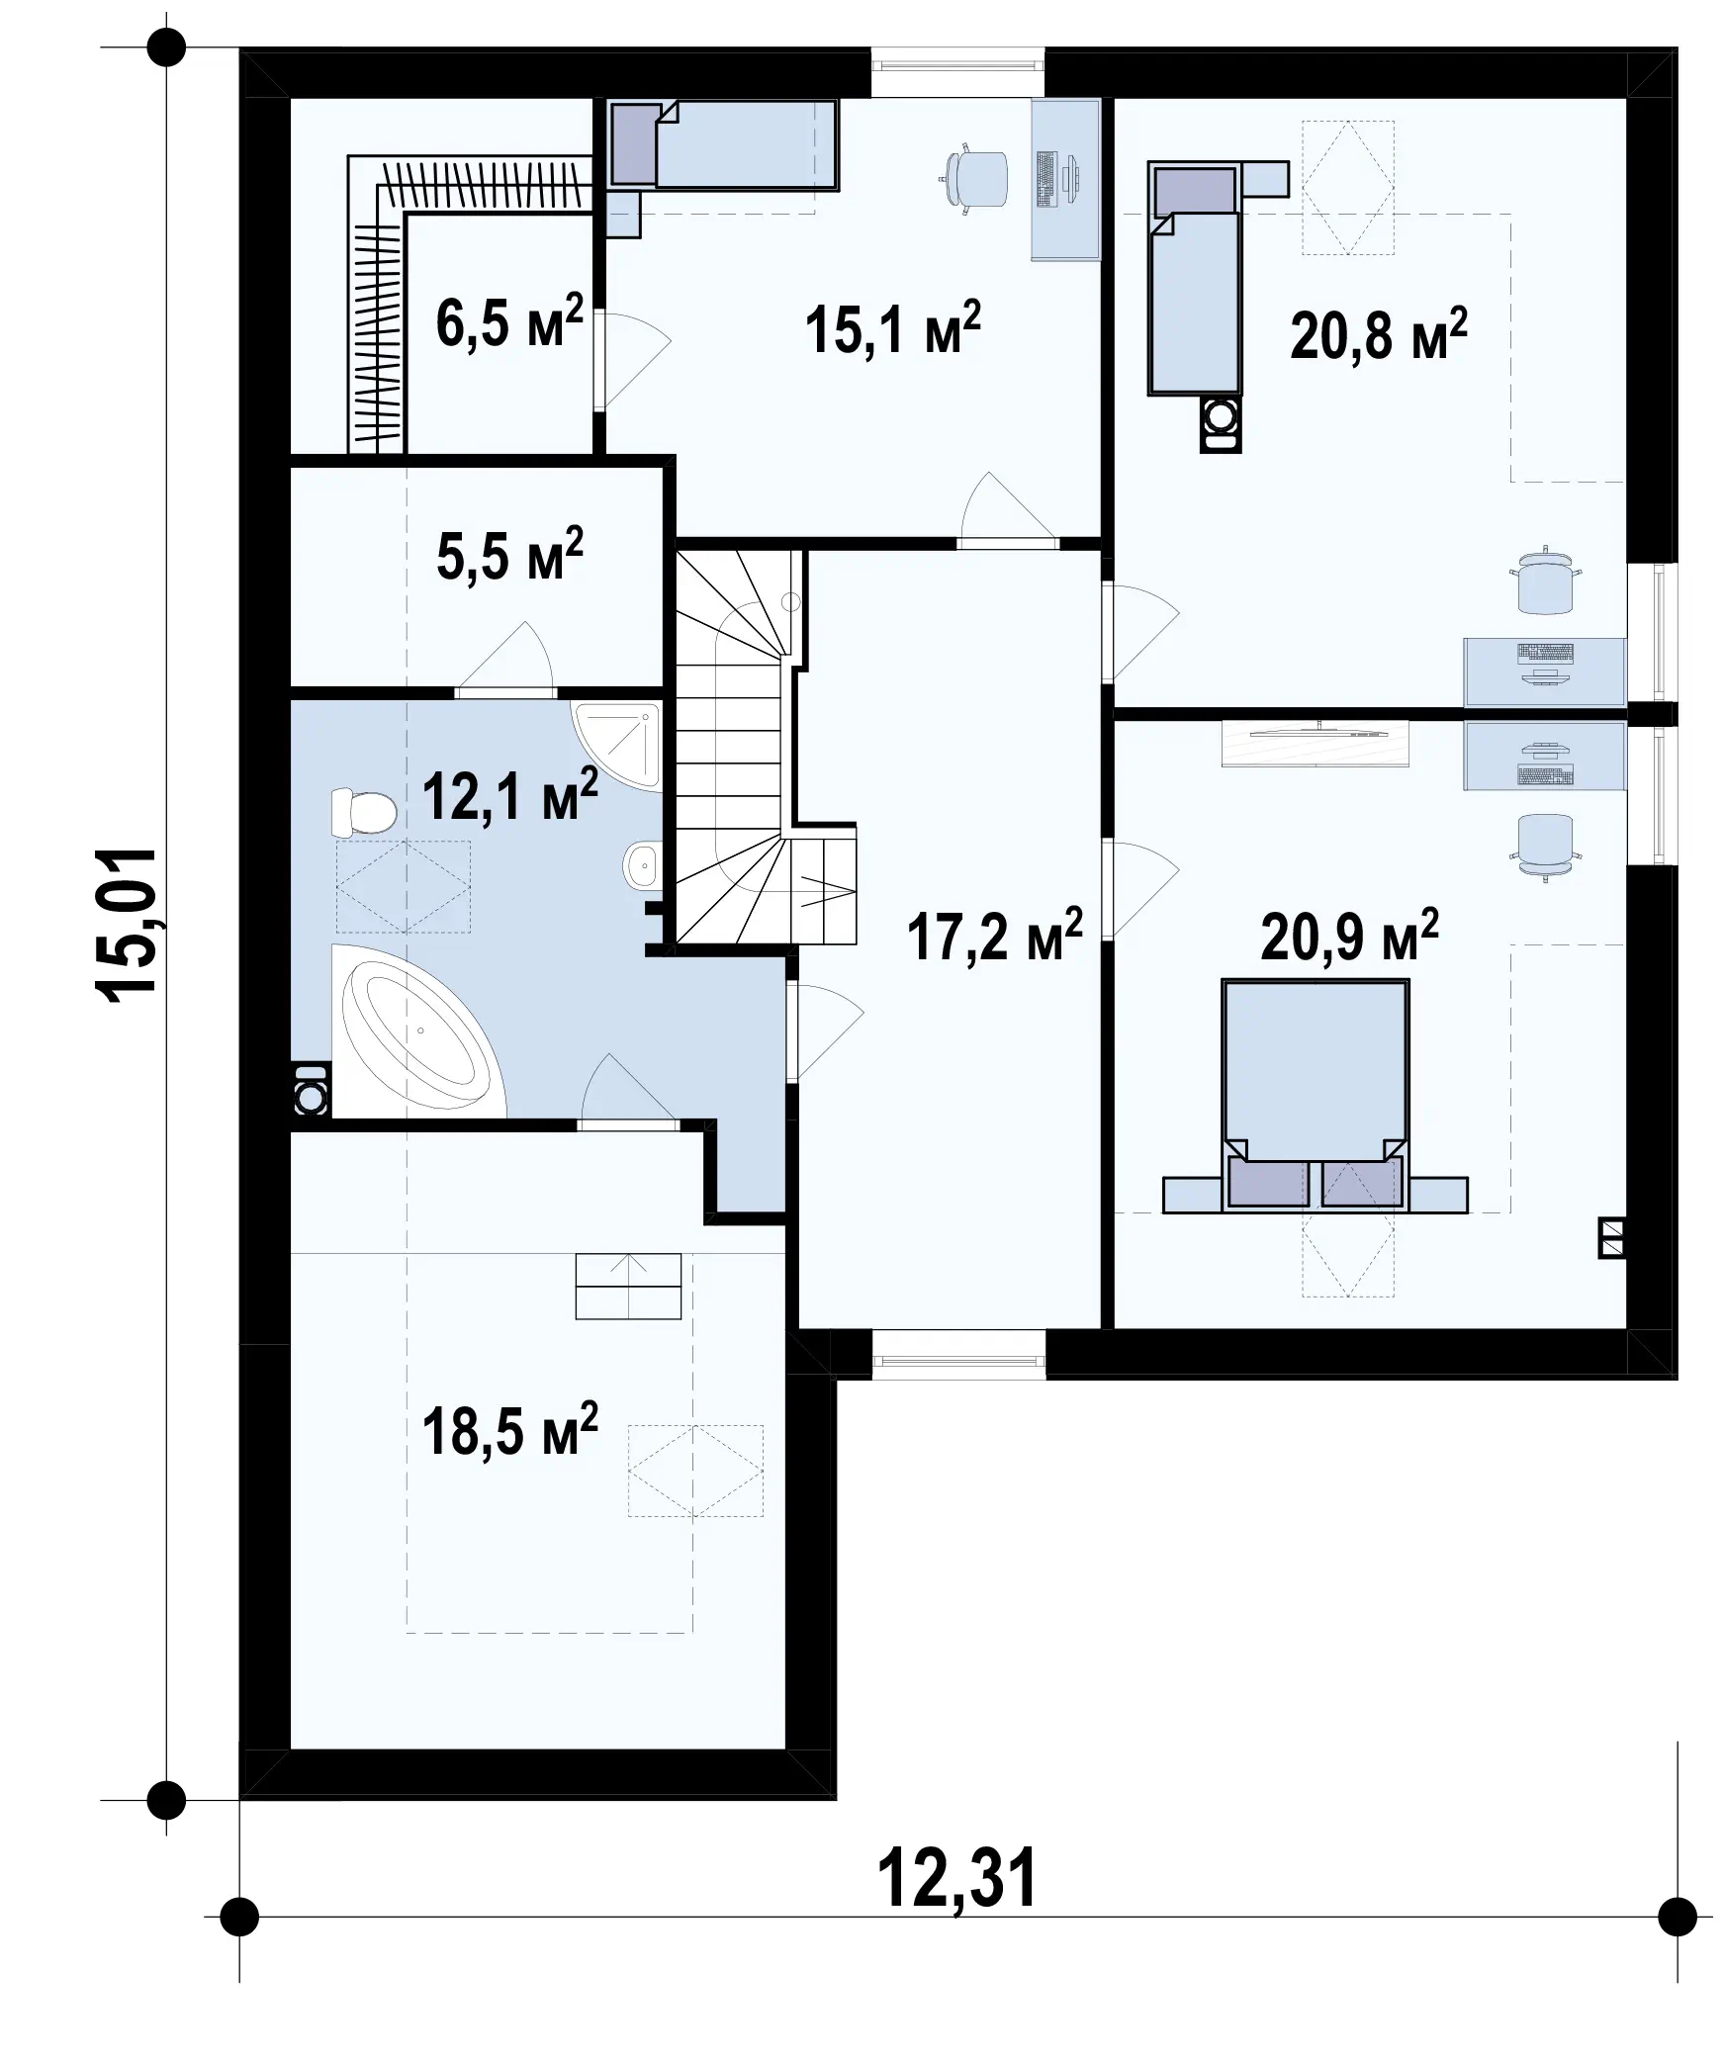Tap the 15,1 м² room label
pyautogui.click(x=892, y=328)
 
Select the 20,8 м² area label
pyautogui.click(x=1378, y=335)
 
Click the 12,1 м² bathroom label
pyautogui.click(x=509, y=794)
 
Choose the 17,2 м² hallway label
pyautogui.click(x=994, y=936)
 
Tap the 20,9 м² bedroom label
pyautogui.click(x=1349, y=936)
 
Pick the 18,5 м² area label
pyautogui.click(x=509, y=1429)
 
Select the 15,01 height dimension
pyautogui.click(x=126, y=926)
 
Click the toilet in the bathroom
pyautogui.click(x=363, y=812)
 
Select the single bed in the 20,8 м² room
pyautogui.click(x=1194, y=281)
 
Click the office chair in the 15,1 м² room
pyautogui.click(x=973, y=178)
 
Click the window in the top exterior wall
pyautogui.click(x=957, y=71)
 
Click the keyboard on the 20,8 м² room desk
pyautogui.click(x=1544, y=653)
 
